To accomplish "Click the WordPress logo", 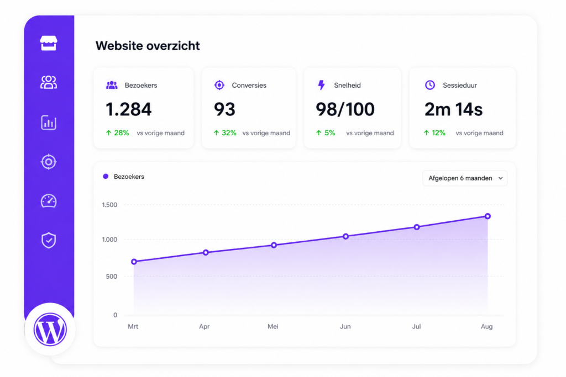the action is (50, 329).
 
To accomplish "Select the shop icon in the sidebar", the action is (49, 43).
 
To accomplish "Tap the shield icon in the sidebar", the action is (49, 241).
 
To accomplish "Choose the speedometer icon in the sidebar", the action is (49, 201).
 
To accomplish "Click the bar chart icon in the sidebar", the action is (49, 123).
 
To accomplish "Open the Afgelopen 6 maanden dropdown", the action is (465, 178).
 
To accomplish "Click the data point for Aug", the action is (488, 216).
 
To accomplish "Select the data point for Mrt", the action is (134, 262).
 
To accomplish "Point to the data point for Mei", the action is (274, 245).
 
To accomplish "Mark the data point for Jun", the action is (346, 236).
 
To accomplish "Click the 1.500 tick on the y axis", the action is (110, 205).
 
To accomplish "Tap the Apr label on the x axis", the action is (205, 327).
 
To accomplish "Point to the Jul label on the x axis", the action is (417, 326).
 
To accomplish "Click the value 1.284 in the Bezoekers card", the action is (128, 109).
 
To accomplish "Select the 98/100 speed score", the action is (345, 109).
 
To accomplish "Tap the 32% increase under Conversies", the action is (225, 133).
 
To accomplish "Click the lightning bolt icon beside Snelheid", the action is (321, 85).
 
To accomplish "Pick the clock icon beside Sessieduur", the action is (430, 85).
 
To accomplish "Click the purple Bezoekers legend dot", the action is (106, 177).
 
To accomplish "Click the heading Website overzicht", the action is (148, 46).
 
